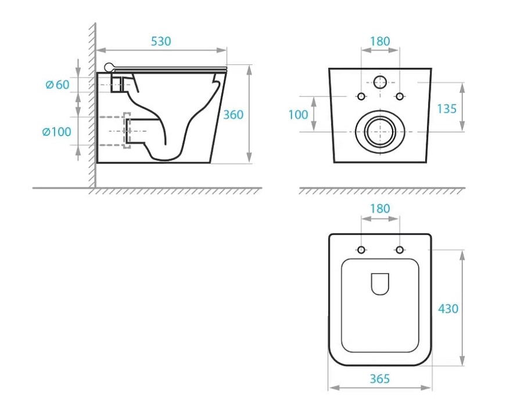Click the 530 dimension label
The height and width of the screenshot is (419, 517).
[x=161, y=41]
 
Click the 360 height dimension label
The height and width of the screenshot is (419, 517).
[x=233, y=115]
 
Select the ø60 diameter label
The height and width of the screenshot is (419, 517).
[x=58, y=85]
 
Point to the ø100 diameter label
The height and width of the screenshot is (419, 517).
[x=57, y=132]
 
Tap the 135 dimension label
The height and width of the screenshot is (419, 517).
[x=447, y=109]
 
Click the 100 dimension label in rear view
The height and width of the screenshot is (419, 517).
[x=298, y=115]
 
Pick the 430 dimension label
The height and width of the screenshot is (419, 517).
[x=448, y=309]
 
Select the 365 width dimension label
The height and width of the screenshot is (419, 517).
[x=380, y=379]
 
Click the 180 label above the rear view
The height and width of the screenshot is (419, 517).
[x=380, y=41]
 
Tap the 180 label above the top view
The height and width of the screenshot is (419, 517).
[x=380, y=208]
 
